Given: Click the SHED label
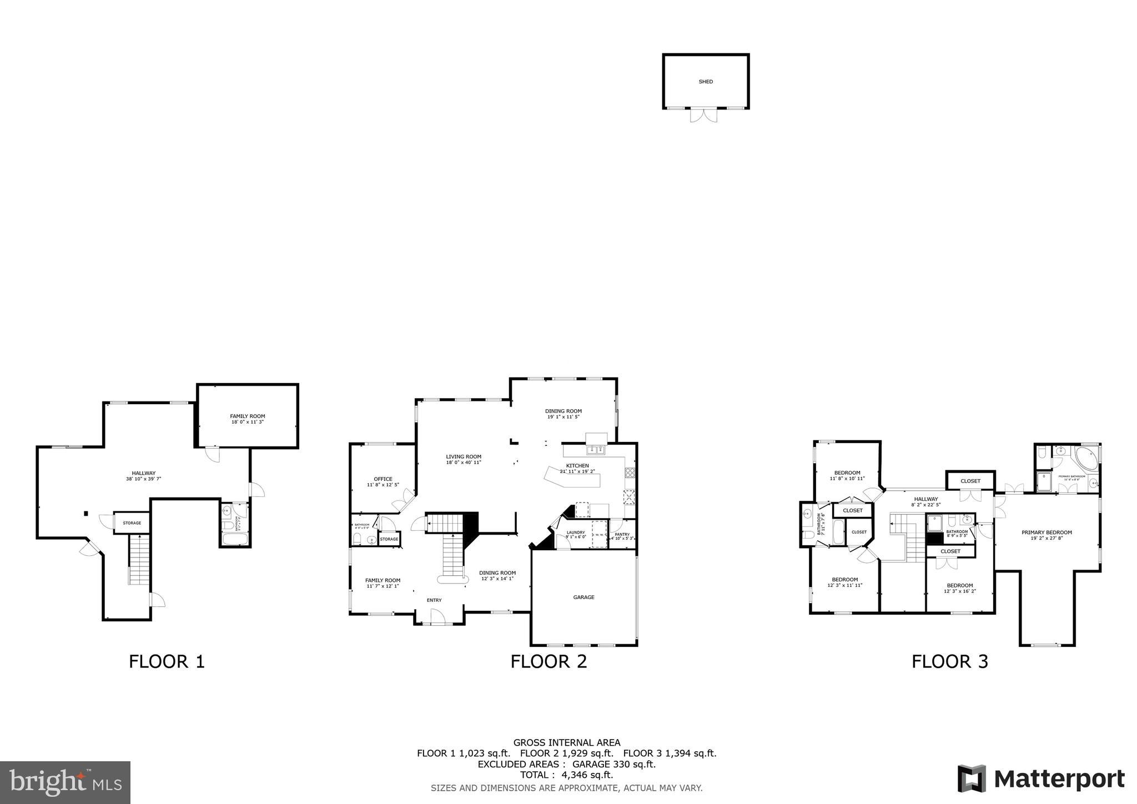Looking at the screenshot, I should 706,82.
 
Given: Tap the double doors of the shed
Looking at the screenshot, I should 703,115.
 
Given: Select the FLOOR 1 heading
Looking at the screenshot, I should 167,661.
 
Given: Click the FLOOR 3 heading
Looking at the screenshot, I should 949,661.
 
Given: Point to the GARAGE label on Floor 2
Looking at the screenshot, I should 583,597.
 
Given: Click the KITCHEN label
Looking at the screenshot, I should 577,466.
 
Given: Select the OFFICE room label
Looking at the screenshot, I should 383,479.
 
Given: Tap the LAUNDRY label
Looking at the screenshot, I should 576,532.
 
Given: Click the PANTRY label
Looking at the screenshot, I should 622,535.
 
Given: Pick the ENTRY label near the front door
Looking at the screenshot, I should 434,600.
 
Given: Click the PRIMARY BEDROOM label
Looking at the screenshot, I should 1047,532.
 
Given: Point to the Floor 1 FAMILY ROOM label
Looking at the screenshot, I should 248,416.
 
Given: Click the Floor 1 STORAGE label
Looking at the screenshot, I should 132,523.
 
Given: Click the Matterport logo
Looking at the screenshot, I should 1041,778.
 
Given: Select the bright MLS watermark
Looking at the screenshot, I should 66,782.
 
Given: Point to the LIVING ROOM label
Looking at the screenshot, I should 464,457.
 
